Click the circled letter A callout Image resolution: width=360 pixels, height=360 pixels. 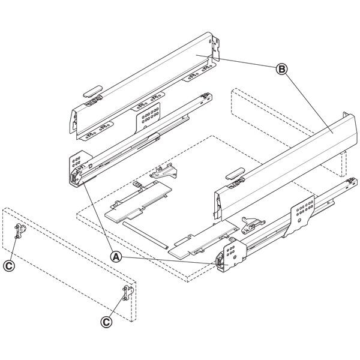116,257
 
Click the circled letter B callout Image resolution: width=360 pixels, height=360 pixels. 281,69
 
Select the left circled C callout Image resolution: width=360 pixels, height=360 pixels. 9,266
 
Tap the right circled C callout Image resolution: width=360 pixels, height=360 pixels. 107,322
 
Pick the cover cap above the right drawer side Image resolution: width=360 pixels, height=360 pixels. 235,173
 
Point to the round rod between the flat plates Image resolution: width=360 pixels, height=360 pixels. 145,235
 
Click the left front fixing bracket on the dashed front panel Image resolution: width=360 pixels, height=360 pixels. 20,232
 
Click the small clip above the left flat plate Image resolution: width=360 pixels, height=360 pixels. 164,171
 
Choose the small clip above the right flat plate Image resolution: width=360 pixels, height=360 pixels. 253,224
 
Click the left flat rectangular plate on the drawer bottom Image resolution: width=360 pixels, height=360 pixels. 138,202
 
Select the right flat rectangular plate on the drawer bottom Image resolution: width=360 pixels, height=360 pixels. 203,241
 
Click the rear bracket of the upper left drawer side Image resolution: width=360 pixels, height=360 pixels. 216,48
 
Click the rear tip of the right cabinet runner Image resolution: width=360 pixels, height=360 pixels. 353,181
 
